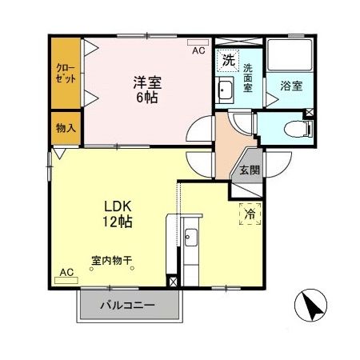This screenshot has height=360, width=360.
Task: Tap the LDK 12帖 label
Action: tap(116, 213)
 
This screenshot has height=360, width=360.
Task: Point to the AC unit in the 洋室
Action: tap(195, 46)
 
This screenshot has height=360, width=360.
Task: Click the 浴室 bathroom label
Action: tap(290, 86)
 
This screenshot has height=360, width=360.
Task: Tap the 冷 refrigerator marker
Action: tap(250, 214)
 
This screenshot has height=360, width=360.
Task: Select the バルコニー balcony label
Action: tap(126, 305)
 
